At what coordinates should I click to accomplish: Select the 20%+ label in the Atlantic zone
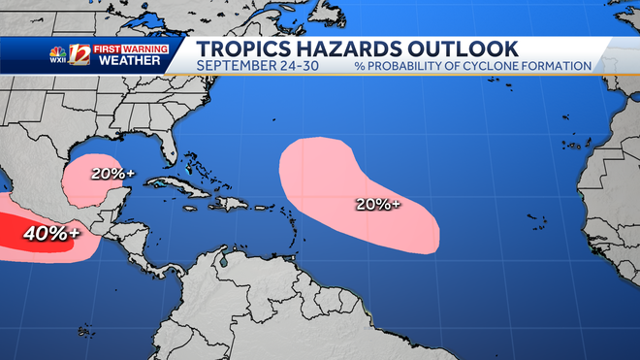click(x=378, y=205)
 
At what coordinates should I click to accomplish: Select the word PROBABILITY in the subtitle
click(x=419, y=65)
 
